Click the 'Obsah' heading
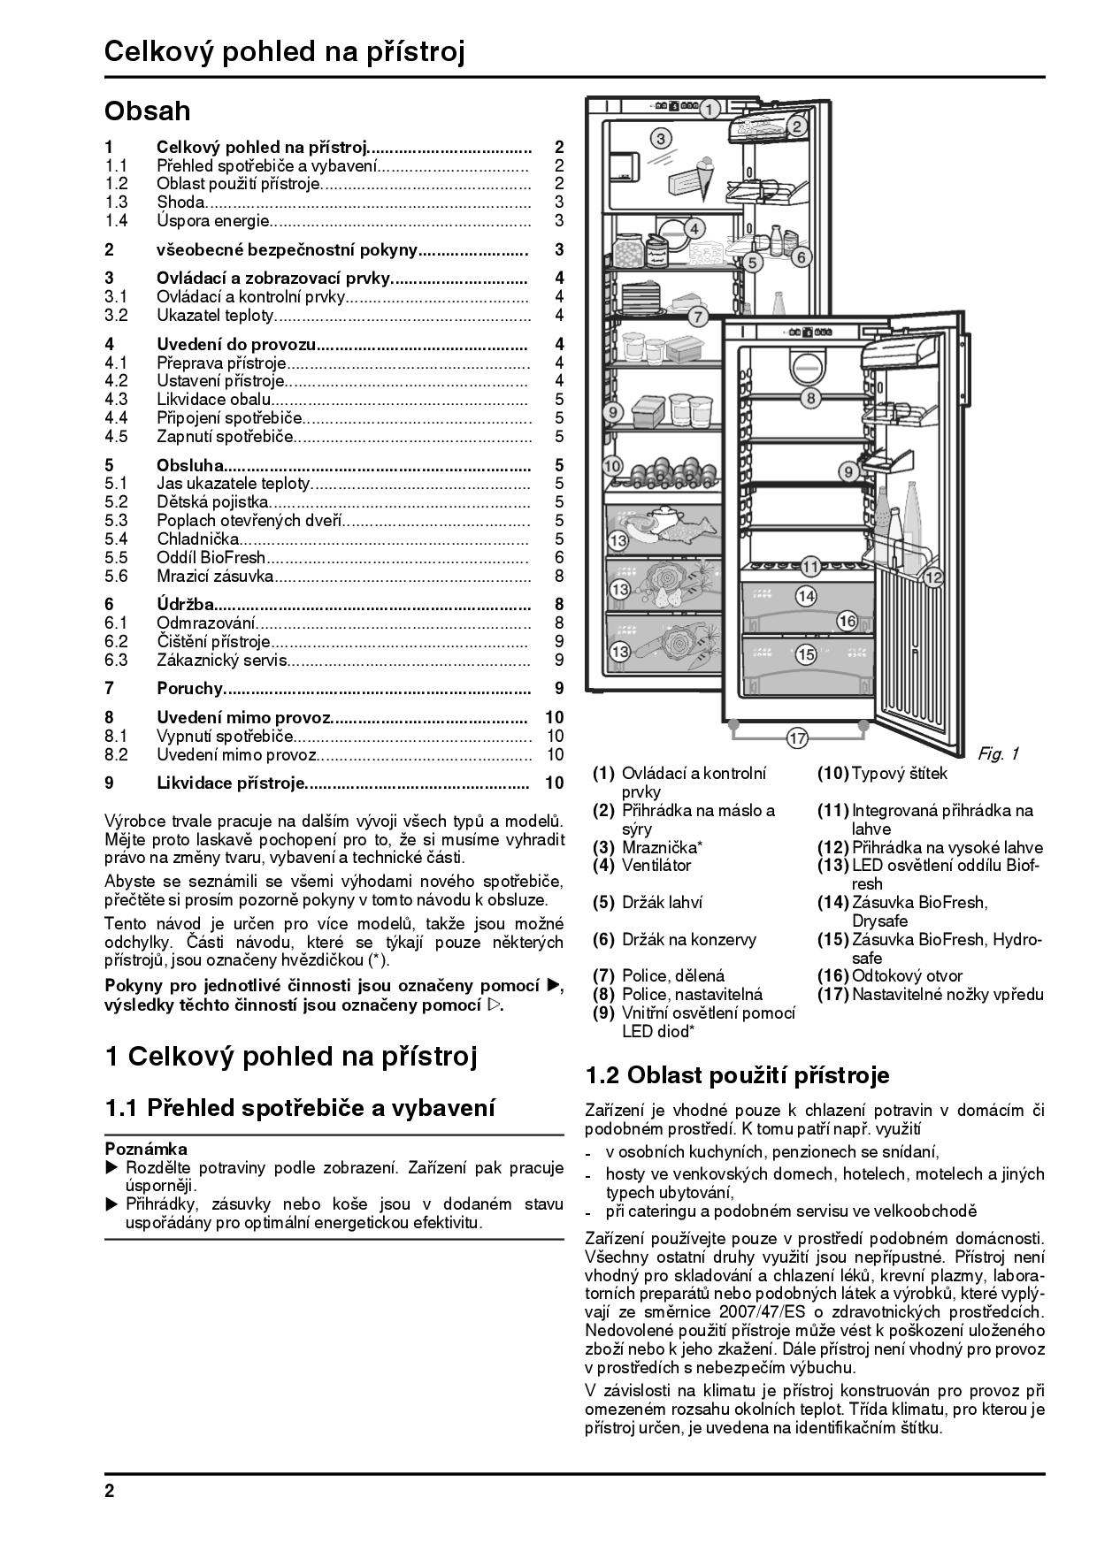147,111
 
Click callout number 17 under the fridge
797,738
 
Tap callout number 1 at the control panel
709,110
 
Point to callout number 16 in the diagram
847,621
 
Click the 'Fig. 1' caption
998,753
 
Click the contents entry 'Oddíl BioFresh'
211,557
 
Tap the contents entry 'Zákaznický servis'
221,660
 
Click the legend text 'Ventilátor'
656,866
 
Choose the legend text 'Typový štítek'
899,774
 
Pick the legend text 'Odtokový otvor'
907,975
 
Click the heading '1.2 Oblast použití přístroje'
737,1075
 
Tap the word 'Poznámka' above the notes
146,1150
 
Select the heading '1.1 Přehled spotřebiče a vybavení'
300,1108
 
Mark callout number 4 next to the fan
694,228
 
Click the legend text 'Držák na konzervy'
688,939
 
